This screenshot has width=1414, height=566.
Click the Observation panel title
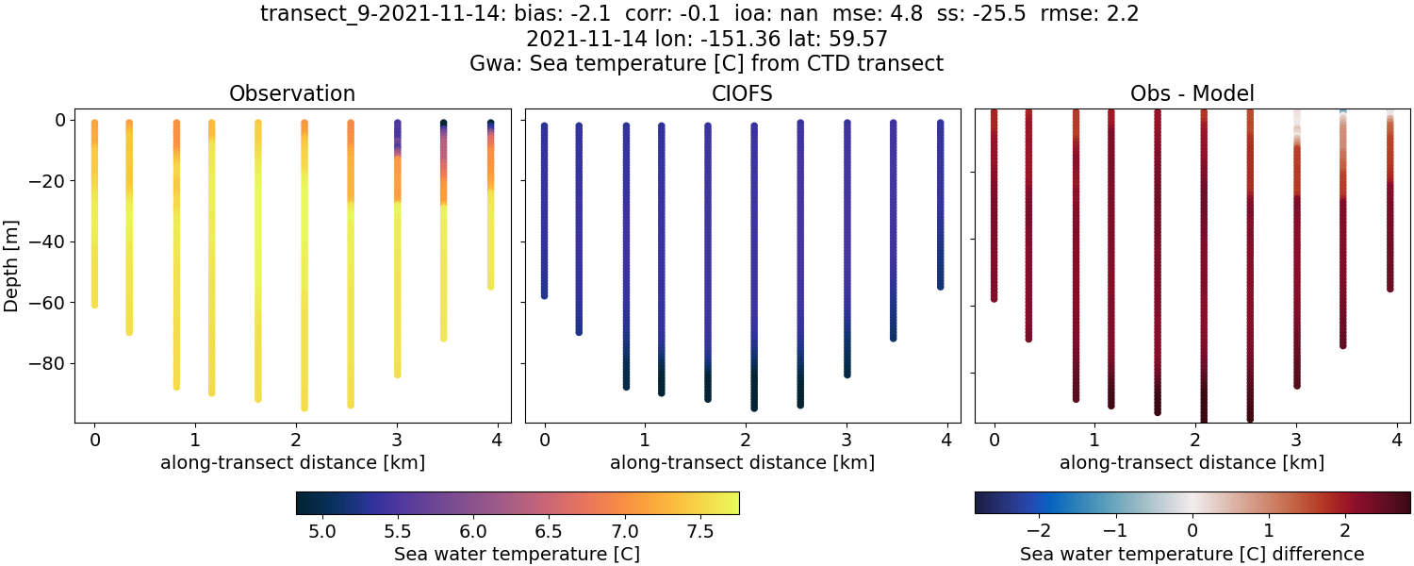(x=292, y=93)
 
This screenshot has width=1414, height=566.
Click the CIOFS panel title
(x=742, y=93)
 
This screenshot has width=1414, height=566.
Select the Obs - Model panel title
(x=1192, y=93)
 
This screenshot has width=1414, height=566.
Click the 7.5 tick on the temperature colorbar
(x=699, y=532)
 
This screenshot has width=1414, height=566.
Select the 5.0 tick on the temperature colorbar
(x=323, y=532)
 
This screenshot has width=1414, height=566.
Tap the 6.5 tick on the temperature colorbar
(x=549, y=532)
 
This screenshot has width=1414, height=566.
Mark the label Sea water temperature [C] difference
(x=1192, y=554)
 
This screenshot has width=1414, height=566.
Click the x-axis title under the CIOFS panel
(x=742, y=463)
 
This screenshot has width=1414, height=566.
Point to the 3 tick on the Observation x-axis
(x=397, y=440)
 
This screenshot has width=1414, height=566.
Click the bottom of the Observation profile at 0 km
(x=94, y=304)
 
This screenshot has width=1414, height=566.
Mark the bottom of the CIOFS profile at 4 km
(x=940, y=286)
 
